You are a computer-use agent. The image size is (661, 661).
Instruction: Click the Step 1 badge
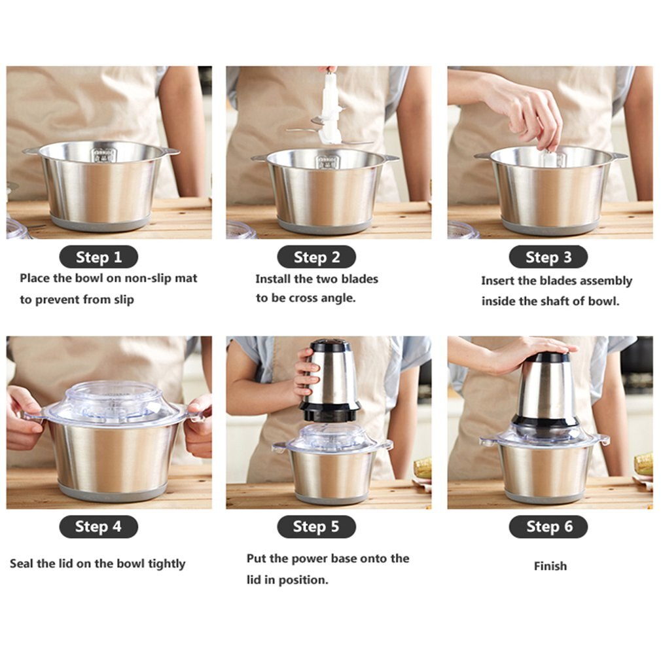(99, 257)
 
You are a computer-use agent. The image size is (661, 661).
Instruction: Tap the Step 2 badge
(317, 257)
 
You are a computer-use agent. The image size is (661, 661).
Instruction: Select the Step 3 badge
(548, 257)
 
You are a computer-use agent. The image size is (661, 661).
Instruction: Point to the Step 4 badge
(98, 526)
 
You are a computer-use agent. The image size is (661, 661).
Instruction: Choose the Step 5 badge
(316, 526)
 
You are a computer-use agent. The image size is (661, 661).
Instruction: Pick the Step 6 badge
(548, 526)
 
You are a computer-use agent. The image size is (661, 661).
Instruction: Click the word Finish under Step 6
(550, 566)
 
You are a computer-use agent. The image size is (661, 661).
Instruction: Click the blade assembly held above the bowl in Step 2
(330, 111)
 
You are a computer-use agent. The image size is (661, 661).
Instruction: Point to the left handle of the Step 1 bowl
(31, 151)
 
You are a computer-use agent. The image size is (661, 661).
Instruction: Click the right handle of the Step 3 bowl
(618, 156)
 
